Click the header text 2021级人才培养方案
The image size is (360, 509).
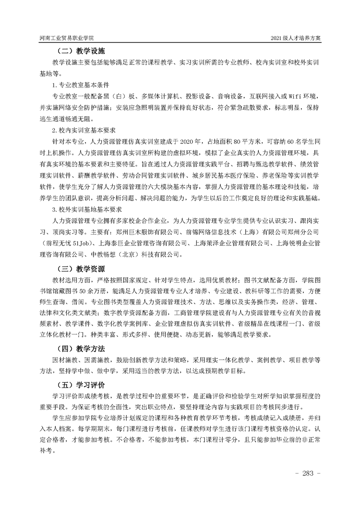click(x=296, y=39)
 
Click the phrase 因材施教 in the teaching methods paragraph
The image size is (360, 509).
click(x=67, y=360)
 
